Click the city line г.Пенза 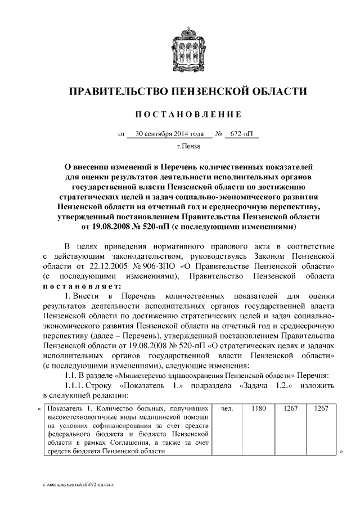[x=188, y=147]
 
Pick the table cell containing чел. [x=228, y=409]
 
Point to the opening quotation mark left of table [x=39, y=409]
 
